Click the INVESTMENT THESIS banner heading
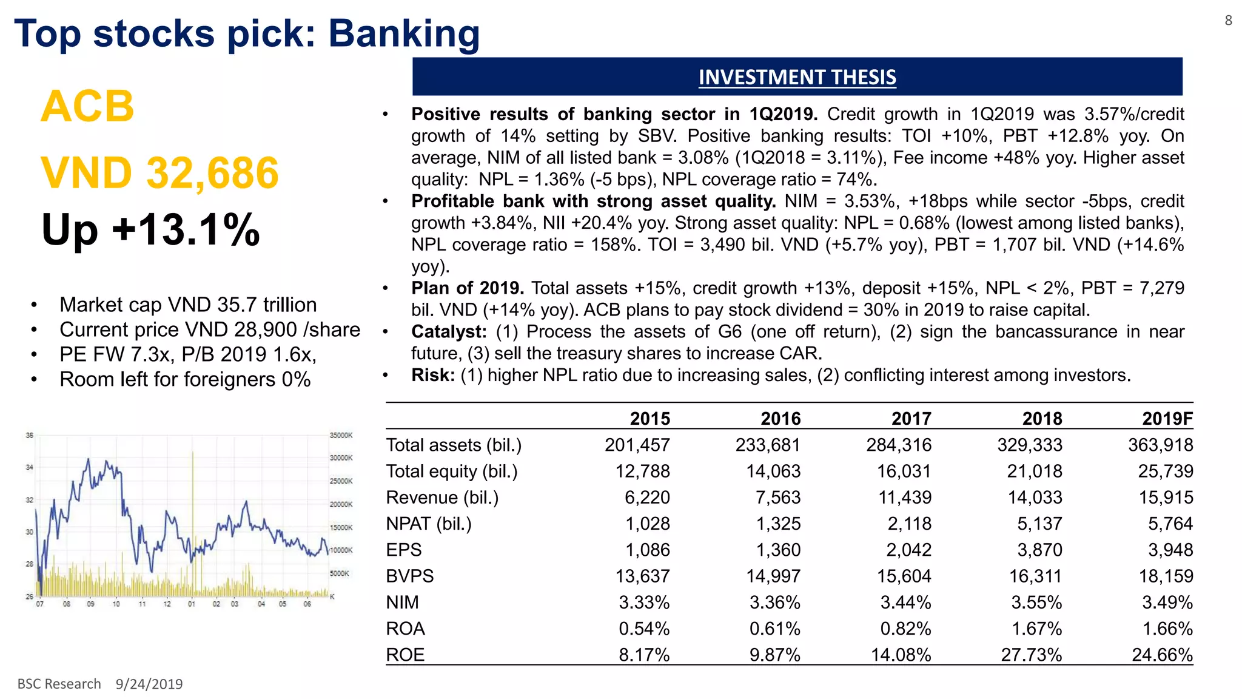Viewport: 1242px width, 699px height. [797, 78]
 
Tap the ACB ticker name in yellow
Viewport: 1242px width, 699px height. [88, 107]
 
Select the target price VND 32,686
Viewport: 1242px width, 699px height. [160, 173]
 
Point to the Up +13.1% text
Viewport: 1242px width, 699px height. [151, 230]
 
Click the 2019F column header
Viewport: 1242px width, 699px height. [1167, 419]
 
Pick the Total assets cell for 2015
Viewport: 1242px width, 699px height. [637, 445]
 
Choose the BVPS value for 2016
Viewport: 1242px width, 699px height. [773, 576]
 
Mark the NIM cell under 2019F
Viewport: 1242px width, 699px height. [1167, 603]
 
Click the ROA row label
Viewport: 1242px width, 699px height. [405, 629]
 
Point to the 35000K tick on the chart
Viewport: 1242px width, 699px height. [341, 435]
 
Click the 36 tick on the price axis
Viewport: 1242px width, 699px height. [29, 435]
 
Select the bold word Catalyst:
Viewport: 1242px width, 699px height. [449, 332]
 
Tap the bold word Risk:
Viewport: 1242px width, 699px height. [433, 376]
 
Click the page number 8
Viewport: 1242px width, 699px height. [1228, 21]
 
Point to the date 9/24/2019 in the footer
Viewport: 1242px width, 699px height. [149, 684]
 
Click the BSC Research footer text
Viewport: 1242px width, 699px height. [59, 684]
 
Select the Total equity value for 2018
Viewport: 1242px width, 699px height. [1035, 471]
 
